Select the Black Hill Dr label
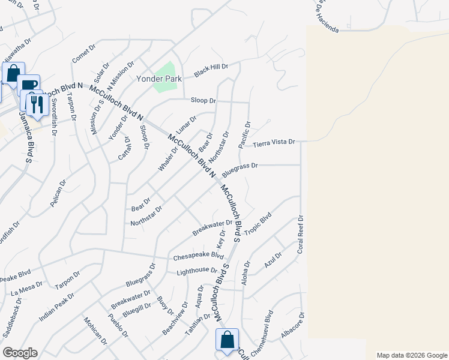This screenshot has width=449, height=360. (211, 71)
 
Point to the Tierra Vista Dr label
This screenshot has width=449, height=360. (274, 143)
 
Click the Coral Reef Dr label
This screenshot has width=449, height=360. (301, 235)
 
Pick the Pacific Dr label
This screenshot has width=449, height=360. (245, 135)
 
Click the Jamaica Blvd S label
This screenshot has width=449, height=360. (25, 138)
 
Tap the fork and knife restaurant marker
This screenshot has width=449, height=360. (37, 103)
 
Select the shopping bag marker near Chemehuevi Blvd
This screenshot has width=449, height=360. (228, 340)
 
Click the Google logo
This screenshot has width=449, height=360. (20, 353)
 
